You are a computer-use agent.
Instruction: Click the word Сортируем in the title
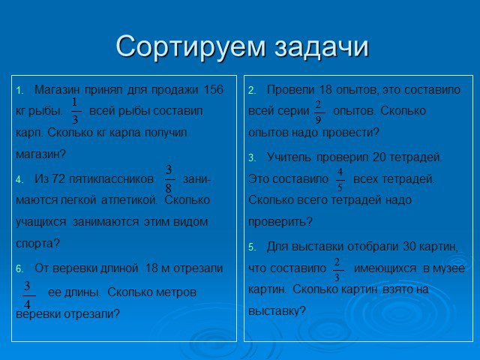tap(190, 46)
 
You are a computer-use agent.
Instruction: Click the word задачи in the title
tap(322, 46)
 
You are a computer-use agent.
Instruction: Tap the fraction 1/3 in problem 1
tap(75, 111)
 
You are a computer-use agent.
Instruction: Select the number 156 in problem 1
tap(213, 90)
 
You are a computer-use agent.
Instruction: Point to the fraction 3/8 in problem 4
tap(169, 179)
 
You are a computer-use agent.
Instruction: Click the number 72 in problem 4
tap(58, 178)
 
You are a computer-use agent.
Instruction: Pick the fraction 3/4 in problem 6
tap(28, 295)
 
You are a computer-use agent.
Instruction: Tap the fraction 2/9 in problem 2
tap(318, 112)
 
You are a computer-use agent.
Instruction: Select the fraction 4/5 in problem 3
tap(340, 180)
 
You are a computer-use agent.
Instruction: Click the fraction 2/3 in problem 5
tap(337, 269)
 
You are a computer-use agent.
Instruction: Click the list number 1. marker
tap(19, 91)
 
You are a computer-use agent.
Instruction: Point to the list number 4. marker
tap(19, 180)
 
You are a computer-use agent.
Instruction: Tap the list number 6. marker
tap(19, 269)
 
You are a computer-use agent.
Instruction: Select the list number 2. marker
tap(252, 91)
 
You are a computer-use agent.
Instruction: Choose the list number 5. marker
tap(252, 247)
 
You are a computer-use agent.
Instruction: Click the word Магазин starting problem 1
tap(57, 90)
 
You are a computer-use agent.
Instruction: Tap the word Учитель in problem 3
tap(289, 157)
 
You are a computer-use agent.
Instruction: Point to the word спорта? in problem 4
tap(37, 244)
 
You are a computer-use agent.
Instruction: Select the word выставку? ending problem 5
tap(277, 311)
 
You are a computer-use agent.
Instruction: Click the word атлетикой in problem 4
tap(130, 200)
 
